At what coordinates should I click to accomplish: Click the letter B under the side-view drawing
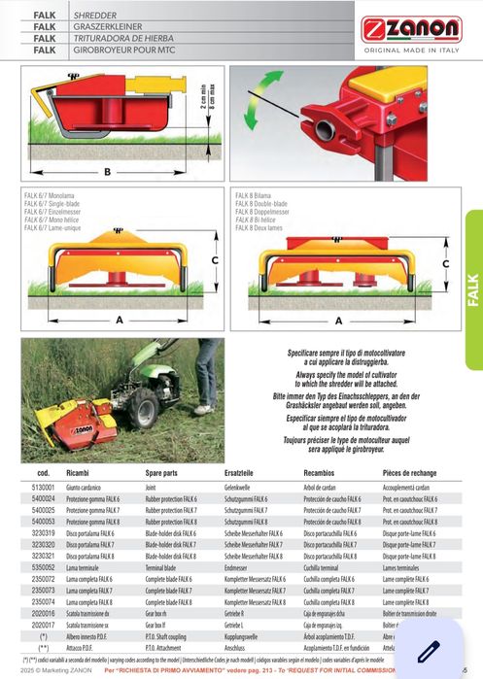108,172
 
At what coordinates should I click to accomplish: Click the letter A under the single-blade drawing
120,318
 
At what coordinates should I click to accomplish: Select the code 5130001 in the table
44,487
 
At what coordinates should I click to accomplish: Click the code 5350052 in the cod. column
44,565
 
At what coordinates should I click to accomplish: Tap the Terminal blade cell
167,565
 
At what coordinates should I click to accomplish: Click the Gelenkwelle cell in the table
239,487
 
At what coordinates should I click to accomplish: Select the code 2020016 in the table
44,614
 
